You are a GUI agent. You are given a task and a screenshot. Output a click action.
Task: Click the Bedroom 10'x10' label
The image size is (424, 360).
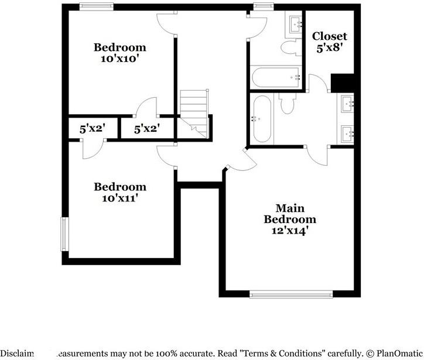tap(120, 53)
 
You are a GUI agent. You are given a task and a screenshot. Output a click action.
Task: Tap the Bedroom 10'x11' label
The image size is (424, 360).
tap(120, 192)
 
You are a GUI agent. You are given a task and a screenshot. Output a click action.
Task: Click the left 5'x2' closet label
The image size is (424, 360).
tap(91, 129)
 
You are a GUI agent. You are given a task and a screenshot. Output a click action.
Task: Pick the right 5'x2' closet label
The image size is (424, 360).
tap(146, 129)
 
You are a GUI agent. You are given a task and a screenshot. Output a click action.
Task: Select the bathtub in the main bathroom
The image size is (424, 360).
tap(261, 119)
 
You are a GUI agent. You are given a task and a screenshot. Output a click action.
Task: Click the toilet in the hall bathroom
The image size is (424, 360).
tap(289, 46)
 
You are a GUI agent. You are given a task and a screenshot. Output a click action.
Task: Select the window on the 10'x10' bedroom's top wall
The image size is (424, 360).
tap(97, 6)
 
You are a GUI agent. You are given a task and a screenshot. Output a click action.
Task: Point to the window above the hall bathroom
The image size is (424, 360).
tap(263, 6)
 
